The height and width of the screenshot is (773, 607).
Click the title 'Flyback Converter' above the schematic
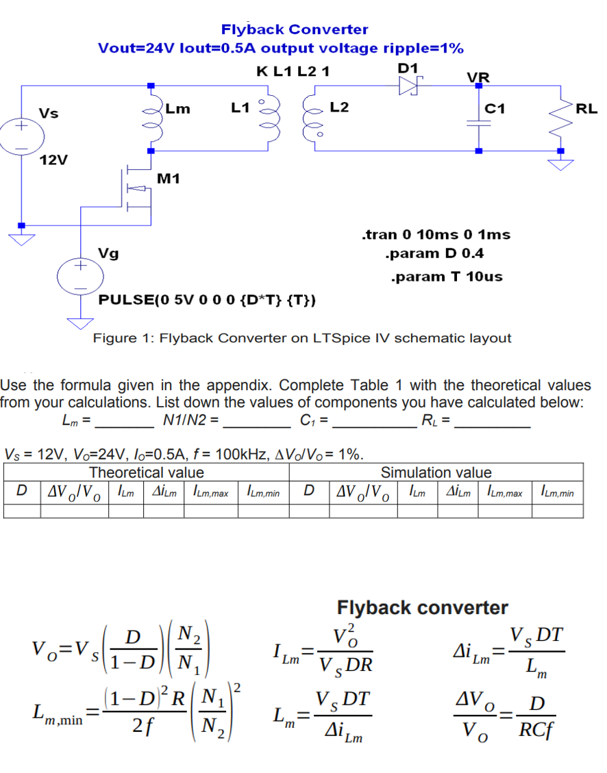(294, 29)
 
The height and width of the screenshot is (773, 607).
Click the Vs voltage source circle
(21, 137)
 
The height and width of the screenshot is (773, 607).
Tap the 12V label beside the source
(53, 160)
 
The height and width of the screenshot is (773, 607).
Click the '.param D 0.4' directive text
(434, 254)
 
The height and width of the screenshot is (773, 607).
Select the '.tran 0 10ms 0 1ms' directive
(435, 235)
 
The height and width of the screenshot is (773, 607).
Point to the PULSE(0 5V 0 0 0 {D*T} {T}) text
(207, 300)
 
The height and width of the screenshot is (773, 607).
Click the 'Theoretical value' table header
(147, 472)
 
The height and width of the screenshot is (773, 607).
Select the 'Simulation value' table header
(436, 472)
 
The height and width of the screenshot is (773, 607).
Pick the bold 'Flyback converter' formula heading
(423, 607)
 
